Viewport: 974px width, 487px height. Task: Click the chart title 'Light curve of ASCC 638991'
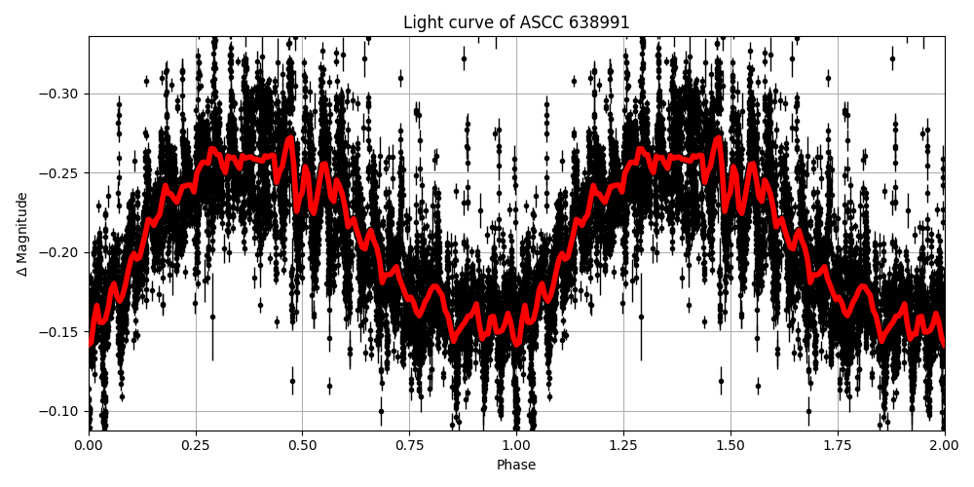coord(516,22)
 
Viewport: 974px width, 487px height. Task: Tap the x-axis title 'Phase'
coord(516,466)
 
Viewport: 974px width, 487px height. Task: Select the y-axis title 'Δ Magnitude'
coord(22,234)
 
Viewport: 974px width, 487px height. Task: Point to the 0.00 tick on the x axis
coord(89,446)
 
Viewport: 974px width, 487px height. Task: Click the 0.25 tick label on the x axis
coord(195,446)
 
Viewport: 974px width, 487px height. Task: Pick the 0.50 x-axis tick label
coord(302,446)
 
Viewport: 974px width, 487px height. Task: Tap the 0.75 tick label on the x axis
coord(409,446)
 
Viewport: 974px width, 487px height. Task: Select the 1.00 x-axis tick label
coord(516,446)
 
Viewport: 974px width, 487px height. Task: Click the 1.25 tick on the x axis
coord(623,446)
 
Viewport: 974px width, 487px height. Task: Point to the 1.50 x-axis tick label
coord(730,446)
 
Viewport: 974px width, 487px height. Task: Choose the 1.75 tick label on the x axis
coord(838,446)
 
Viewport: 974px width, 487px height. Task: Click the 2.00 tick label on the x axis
coord(944,446)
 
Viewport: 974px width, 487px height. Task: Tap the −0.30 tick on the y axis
coord(62,94)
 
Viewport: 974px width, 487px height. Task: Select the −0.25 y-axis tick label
coord(62,173)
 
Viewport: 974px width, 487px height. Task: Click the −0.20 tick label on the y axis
coord(62,253)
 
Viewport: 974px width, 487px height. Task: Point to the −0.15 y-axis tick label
coord(62,332)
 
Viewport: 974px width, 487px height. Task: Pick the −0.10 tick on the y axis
coord(62,411)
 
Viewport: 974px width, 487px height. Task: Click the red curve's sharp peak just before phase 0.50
coord(290,138)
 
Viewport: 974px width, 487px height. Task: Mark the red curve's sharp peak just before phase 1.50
coord(719,138)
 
